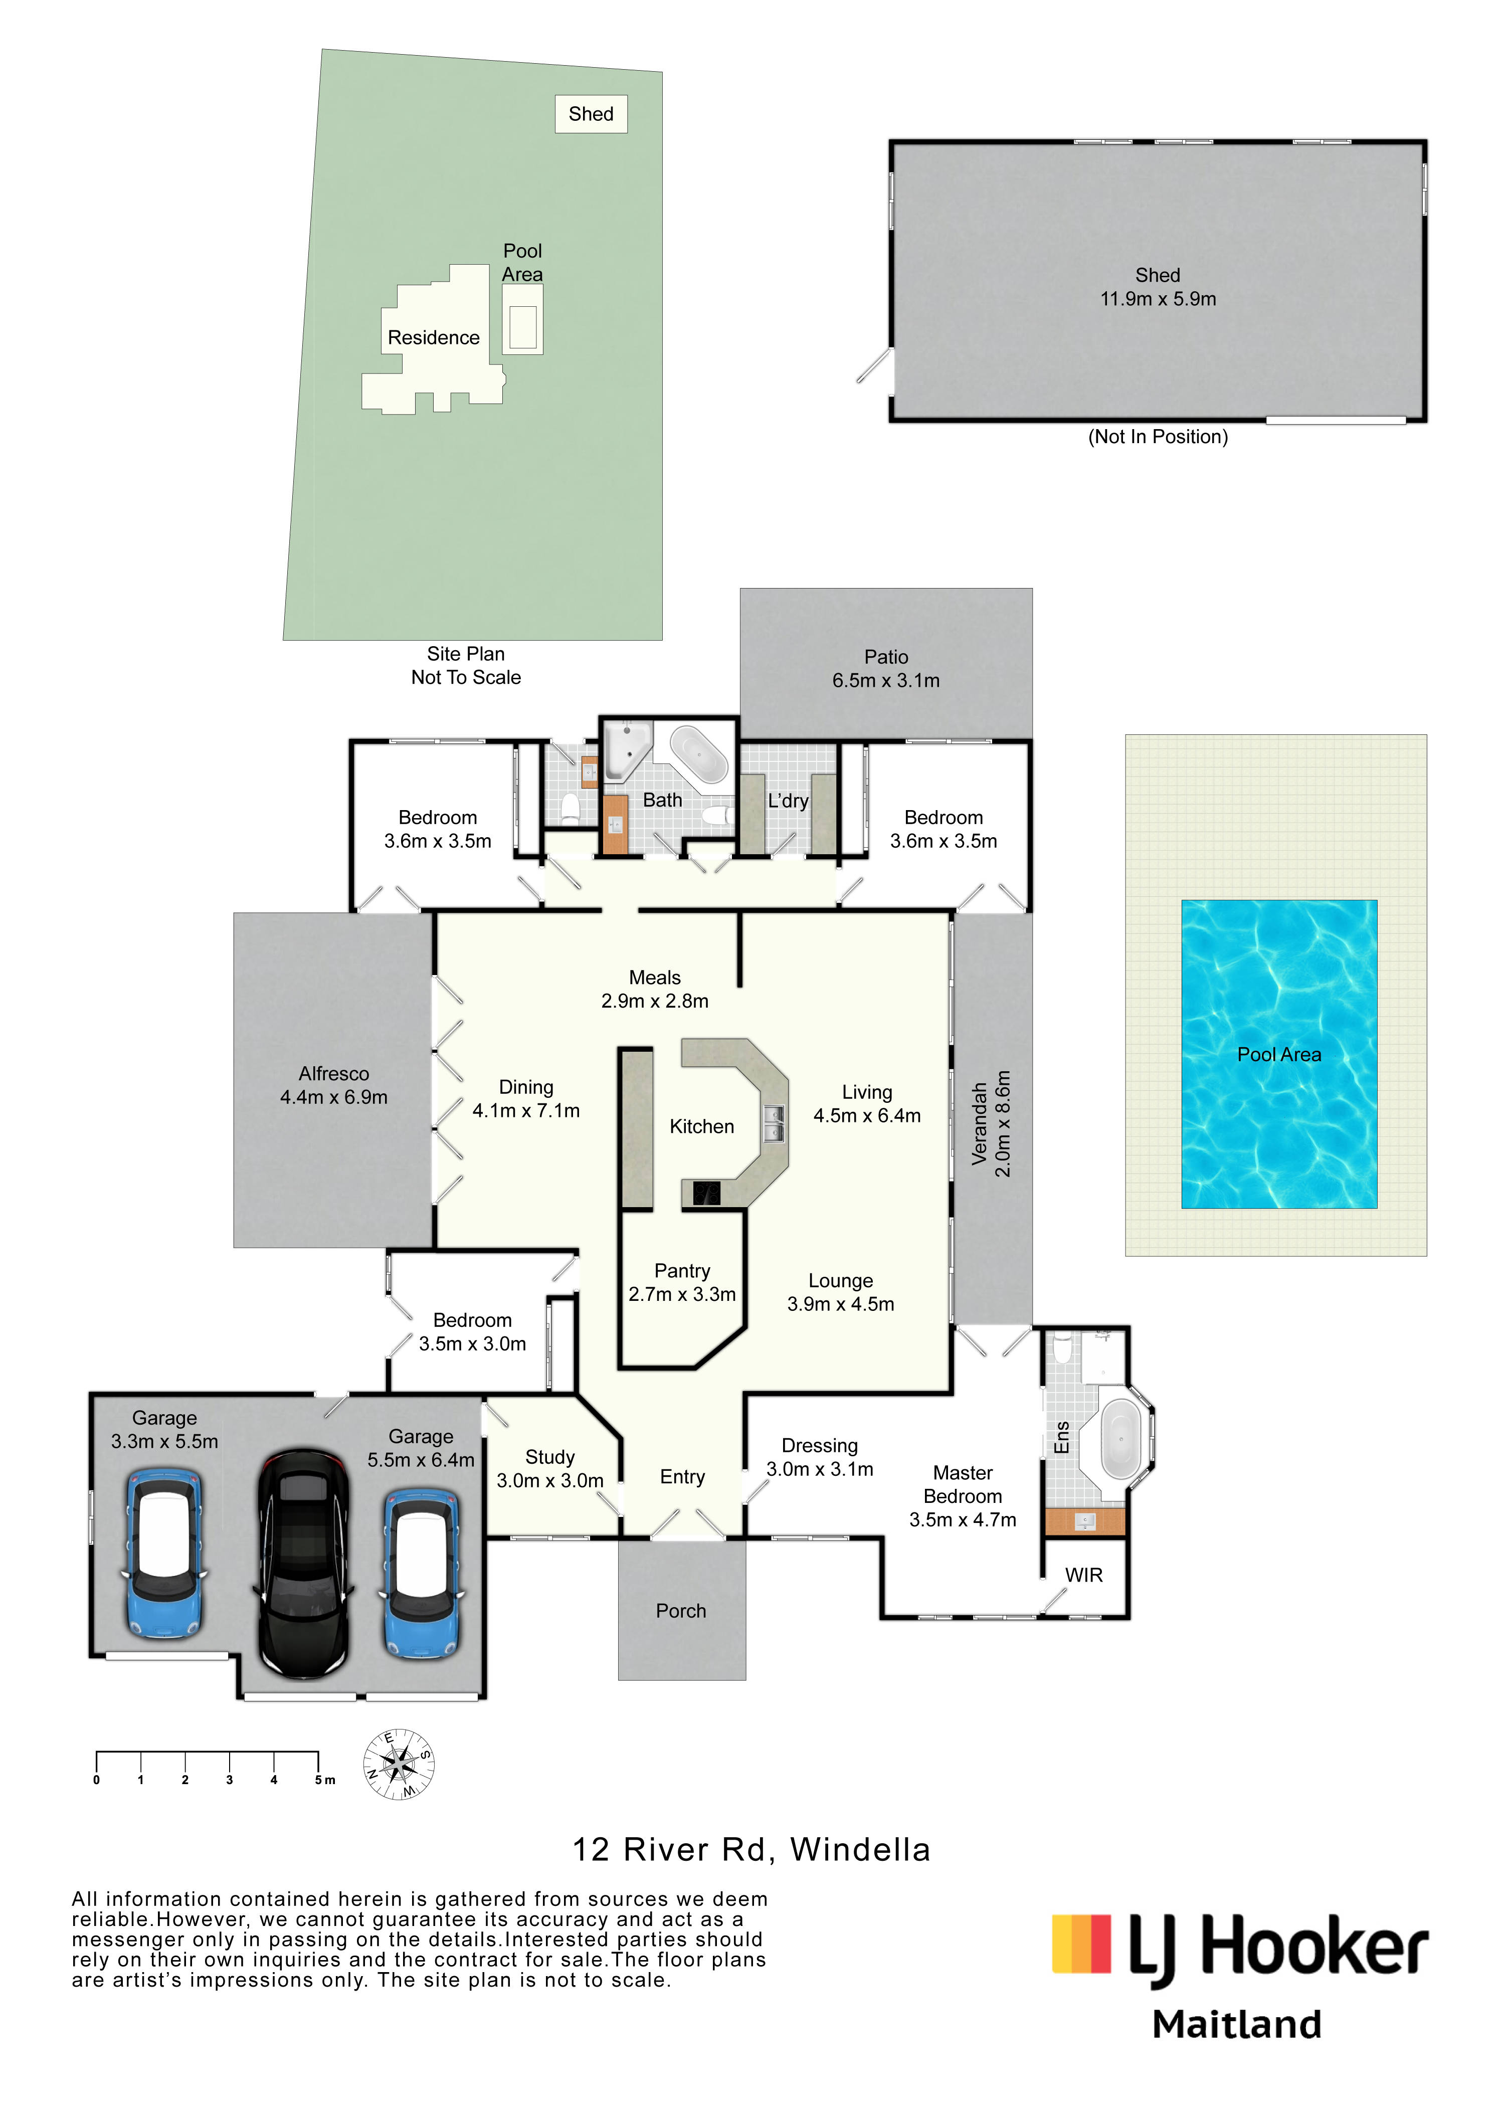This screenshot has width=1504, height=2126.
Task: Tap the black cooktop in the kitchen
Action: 706,1193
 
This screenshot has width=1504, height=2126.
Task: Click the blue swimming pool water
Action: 1279,1054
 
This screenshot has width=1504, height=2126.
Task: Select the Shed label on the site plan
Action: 591,114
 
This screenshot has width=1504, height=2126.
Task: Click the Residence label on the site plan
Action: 434,338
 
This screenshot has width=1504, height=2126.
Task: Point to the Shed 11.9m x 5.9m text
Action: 1158,287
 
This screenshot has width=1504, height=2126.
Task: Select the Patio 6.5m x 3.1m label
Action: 886,669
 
